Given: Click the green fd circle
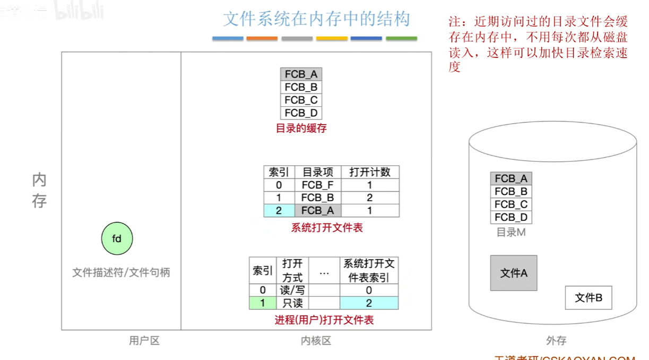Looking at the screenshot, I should (x=117, y=239).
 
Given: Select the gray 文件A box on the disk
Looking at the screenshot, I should (x=514, y=273).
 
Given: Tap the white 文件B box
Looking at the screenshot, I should (x=589, y=298).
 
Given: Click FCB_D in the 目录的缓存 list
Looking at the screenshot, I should (x=301, y=113).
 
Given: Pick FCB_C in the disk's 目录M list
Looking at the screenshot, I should (x=511, y=204).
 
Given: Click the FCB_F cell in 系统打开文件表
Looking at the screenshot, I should (x=318, y=185).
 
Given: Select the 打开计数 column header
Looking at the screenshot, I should (x=370, y=172).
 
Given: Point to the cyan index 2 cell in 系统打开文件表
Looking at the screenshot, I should (x=279, y=211).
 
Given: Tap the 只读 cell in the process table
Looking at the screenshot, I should (x=292, y=303).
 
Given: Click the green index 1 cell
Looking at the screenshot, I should (x=263, y=303).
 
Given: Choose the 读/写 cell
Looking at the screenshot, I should (x=292, y=290).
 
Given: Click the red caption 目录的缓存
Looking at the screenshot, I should (x=301, y=128).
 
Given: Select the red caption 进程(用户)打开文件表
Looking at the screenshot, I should (x=324, y=320).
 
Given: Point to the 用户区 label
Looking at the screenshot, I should (x=144, y=341).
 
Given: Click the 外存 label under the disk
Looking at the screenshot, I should (x=556, y=341).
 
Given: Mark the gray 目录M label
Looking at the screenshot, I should (x=510, y=232).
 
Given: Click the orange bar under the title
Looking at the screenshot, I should (x=262, y=38).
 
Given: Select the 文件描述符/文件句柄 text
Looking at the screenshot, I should (x=121, y=272).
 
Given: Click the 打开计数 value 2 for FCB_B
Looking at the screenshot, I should (x=370, y=198).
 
